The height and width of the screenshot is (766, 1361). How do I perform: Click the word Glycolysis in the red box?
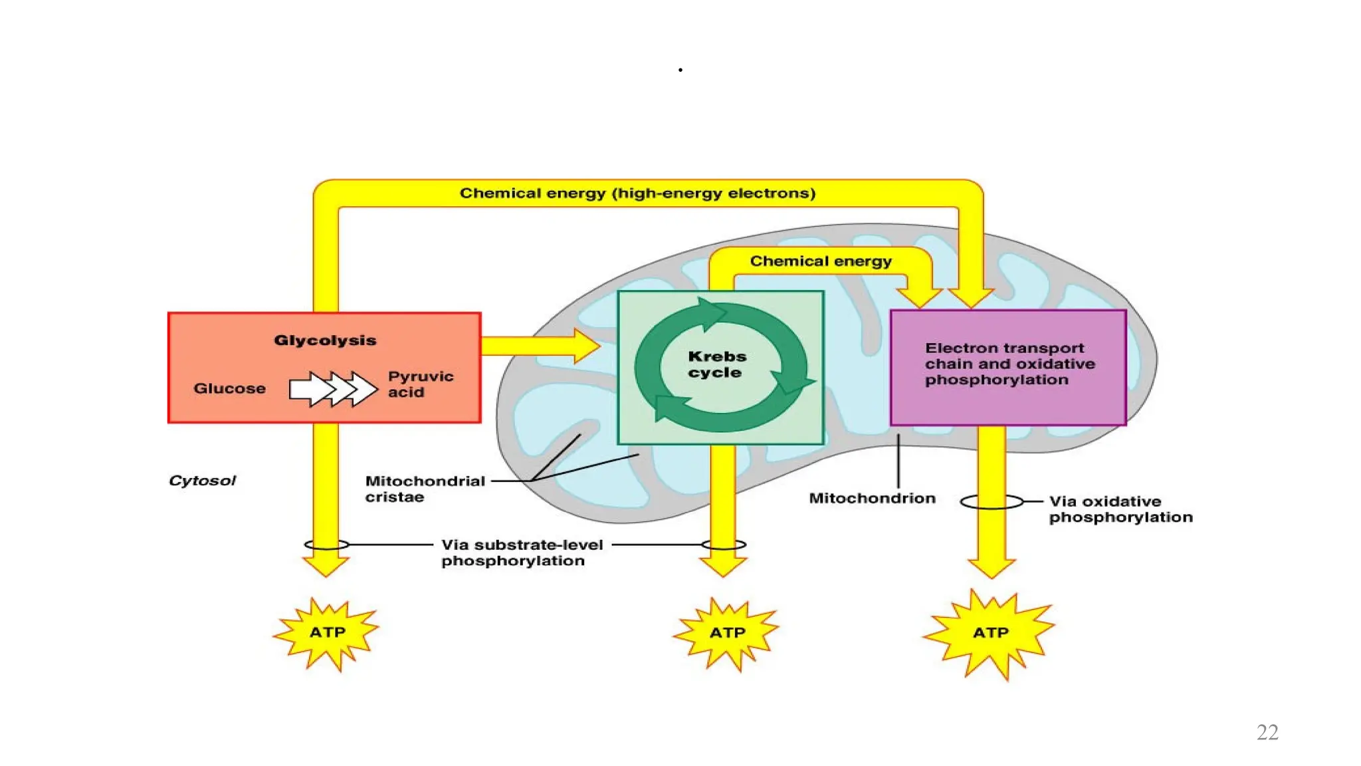pos(325,340)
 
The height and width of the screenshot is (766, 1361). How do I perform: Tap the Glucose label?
pos(229,388)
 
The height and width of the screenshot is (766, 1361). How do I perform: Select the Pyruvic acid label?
pos(420,384)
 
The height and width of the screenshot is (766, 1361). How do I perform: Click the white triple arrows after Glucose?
pos(333,389)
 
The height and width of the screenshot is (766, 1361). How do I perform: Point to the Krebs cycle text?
pos(716,364)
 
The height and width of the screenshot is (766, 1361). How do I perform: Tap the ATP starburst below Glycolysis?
pos(326,633)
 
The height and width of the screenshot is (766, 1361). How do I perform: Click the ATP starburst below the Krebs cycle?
pos(726,633)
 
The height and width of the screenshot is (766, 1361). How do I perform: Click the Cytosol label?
pos(202,481)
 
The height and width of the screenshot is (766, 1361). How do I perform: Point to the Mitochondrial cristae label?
pos(424,489)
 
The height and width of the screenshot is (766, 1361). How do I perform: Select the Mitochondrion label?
pos(872,498)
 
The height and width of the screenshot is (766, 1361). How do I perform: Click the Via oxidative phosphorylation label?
pos(1120,509)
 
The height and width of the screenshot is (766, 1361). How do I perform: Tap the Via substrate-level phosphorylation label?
pos(521,553)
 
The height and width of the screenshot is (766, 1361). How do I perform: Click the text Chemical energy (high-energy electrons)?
pos(637,193)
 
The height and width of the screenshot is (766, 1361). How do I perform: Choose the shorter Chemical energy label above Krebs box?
pos(821,261)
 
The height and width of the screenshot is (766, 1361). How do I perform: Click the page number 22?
pos(1267,732)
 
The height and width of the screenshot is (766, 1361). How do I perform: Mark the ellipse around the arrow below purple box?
pos(992,502)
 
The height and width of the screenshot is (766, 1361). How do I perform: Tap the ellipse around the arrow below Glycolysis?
pos(326,545)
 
